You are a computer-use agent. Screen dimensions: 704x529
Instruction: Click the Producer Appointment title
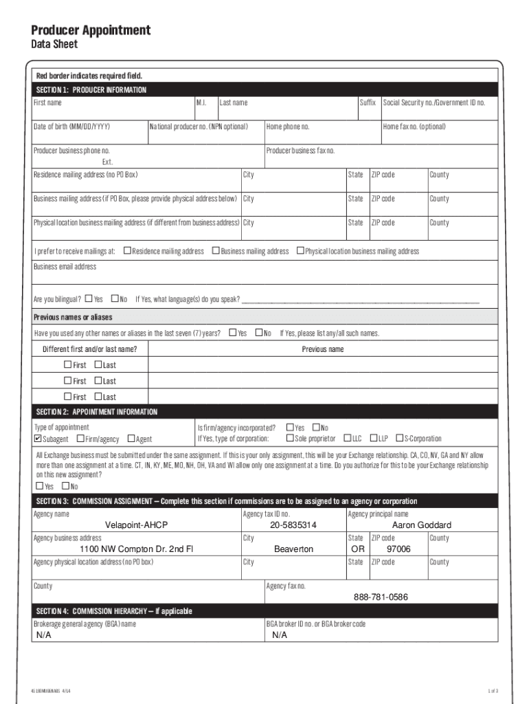91,30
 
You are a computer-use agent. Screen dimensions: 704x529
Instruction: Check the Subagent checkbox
38,439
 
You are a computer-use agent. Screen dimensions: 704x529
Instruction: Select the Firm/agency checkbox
81,439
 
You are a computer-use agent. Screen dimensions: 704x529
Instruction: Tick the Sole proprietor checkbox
290,439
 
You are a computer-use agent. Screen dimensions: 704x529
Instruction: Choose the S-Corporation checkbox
399,439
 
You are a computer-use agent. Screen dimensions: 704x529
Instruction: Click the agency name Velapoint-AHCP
136,525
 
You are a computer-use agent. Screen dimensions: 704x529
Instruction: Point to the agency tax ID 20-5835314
293,525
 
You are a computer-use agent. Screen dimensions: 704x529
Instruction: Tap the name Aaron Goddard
421,525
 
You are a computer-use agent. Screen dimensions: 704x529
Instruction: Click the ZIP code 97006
398,549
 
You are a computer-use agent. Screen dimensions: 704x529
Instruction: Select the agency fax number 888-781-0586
381,597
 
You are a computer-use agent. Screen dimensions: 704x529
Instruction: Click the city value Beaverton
293,549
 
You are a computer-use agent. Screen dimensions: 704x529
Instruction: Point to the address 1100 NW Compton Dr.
137,549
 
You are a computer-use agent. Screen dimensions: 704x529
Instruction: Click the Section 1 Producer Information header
91,90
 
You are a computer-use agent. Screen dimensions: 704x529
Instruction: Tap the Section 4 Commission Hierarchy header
114,611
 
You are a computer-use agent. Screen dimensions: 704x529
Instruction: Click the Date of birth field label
71,126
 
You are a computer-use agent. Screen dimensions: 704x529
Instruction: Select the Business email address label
65,267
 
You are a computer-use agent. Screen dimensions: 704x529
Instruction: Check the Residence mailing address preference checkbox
127,251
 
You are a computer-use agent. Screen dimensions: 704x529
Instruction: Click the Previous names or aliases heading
73,318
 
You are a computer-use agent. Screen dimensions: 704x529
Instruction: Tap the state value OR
357,549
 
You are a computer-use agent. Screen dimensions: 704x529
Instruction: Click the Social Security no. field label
434,102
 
